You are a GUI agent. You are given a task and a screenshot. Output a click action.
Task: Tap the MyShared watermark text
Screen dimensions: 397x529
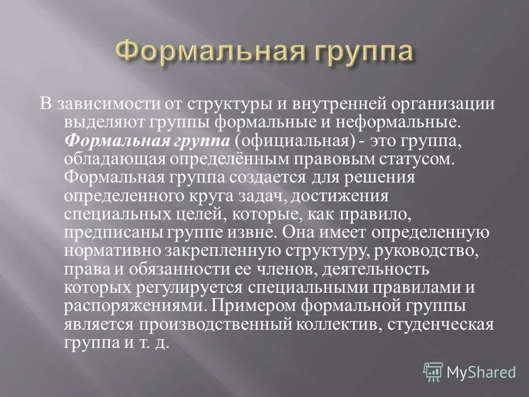(481, 373)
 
